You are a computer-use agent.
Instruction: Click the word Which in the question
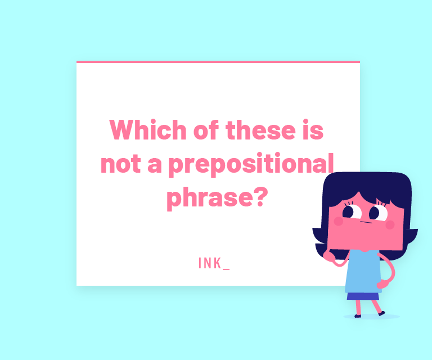click(x=148, y=129)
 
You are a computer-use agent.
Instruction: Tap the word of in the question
click(x=206, y=129)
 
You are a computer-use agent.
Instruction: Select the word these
click(x=260, y=129)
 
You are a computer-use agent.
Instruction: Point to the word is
click(x=313, y=129)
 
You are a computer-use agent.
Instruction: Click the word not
click(x=121, y=164)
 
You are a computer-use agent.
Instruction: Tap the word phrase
click(x=210, y=198)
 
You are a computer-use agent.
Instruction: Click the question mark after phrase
click(x=260, y=196)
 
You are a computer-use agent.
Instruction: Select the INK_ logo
click(x=214, y=263)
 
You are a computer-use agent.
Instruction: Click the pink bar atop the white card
click(x=218, y=62)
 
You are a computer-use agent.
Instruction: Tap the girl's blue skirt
click(x=363, y=296)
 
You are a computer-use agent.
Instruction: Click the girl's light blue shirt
click(x=363, y=271)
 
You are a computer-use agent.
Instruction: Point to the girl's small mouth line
click(x=366, y=222)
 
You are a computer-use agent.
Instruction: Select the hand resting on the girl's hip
click(x=382, y=283)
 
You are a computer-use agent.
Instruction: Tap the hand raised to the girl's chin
click(x=329, y=256)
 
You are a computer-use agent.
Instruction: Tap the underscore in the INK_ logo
click(x=226, y=269)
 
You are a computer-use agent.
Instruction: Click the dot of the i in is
click(x=305, y=121)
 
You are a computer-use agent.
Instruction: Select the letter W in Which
click(x=121, y=129)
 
